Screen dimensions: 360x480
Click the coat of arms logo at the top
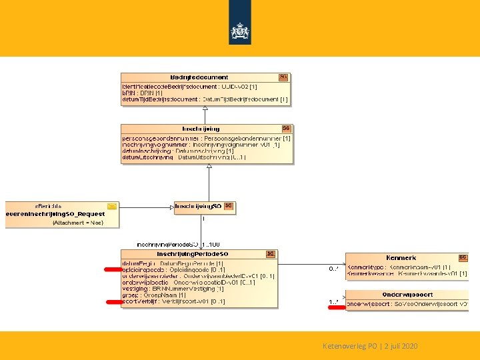240,30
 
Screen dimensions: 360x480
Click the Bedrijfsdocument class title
199,77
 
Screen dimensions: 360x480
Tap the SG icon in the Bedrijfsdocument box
283,77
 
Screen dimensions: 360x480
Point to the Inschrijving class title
201,129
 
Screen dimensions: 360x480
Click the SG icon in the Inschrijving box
285,129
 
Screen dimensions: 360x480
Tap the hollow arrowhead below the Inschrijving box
209,167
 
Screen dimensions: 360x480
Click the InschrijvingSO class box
204,207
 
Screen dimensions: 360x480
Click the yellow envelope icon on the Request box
112,207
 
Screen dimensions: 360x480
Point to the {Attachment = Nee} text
78,222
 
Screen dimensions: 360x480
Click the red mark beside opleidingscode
112,269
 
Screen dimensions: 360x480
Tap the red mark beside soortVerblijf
112,302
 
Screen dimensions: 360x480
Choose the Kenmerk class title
401,257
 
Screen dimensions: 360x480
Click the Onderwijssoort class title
407,294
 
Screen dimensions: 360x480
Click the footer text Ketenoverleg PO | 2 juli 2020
370,346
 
